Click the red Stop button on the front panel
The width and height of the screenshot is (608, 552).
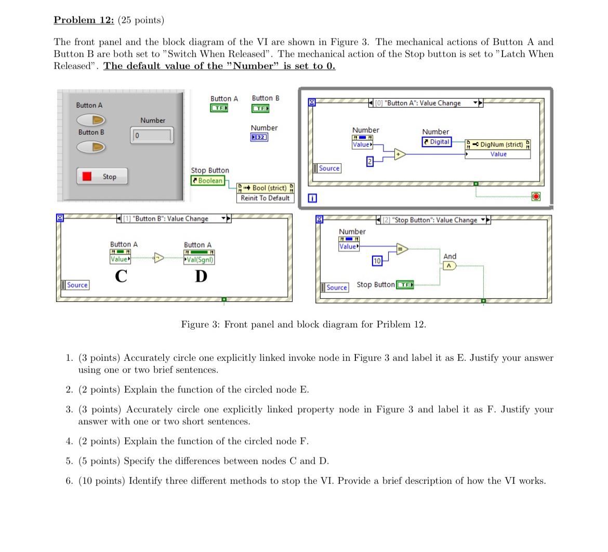(x=102, y=176)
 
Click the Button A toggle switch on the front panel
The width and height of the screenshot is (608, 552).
(x=92, y=121)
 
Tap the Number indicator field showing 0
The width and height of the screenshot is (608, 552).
(x=151, y=136)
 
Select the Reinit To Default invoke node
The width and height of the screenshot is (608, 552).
(x=265, y=198)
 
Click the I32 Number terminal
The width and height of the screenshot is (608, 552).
(x=259, y=137)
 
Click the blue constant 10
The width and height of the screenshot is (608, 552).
(x=377, y=261)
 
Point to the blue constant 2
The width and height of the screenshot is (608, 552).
(x=369, y=161)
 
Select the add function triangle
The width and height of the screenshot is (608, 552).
(x=400, y=154)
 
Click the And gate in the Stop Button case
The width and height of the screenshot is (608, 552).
(x=449, y=266)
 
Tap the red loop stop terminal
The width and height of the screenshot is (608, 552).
(x=536, y=196)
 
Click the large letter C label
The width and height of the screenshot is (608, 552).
(x=121, y=277)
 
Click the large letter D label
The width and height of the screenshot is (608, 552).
(x=201, y=277)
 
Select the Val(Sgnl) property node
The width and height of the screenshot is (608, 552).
(x=199, y=259)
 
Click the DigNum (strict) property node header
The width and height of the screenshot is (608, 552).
(x=498, y=144)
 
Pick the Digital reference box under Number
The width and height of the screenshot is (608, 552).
(x=437, y=142)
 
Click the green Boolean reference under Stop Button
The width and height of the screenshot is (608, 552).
(x=208, y=181)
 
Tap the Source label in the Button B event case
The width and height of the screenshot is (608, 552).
(x=75, y=285)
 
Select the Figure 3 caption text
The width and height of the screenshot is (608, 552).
(x=303, y=325)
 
